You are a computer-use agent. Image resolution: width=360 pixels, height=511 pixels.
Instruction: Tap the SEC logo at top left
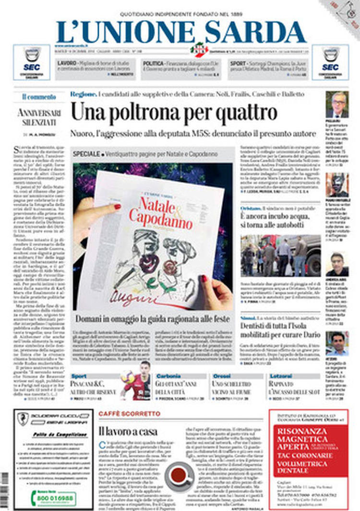tap(32, 62)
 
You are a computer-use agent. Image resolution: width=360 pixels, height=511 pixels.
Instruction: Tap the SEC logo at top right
tap(330, 62)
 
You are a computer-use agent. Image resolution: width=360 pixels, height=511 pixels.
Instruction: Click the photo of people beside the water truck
tap(280, 255)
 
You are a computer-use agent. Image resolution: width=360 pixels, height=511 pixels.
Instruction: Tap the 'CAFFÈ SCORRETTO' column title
tap(130, 413)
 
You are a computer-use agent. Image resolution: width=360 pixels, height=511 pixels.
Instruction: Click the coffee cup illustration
tap(179, 475)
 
